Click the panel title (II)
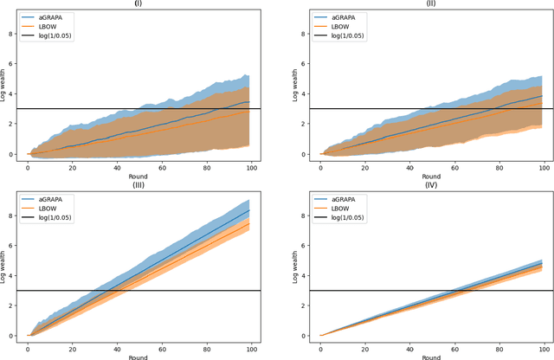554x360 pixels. tap(429, 3)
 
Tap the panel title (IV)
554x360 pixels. tap(429, 183)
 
